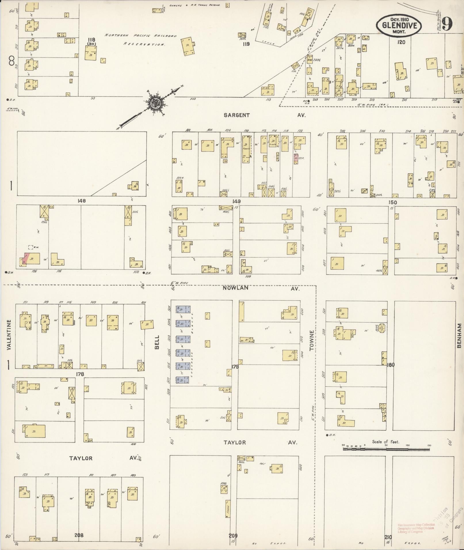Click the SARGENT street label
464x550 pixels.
point(237,115)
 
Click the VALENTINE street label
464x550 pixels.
point(9,335)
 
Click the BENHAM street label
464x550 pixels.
point(459,336)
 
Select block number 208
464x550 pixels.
point(79,535)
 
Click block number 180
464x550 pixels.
point(391,365)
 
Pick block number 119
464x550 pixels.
point(246,44)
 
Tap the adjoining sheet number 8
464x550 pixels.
point(12,61)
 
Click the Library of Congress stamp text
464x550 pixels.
point(414,528)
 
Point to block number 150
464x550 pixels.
point(392,202)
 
